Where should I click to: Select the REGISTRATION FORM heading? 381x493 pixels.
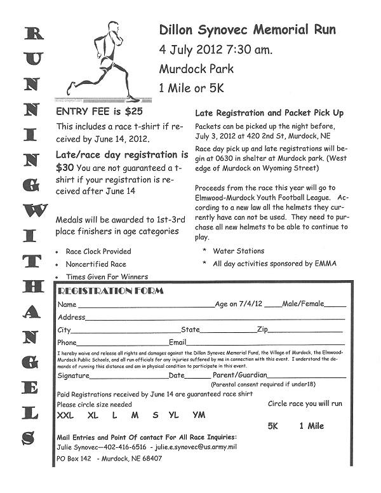pos(110,291)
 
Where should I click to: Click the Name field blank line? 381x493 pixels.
pos(146,306)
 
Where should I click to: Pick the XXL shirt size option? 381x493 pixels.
pos(65,415)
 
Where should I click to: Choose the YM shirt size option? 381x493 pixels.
pos(199,415)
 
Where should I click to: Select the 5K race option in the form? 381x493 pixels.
pos(273,426)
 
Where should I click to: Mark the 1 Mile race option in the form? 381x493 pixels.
pos(311,426)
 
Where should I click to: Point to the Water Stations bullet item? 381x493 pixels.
pos(238,251)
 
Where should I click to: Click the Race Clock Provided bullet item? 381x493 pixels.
pos(98,251)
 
